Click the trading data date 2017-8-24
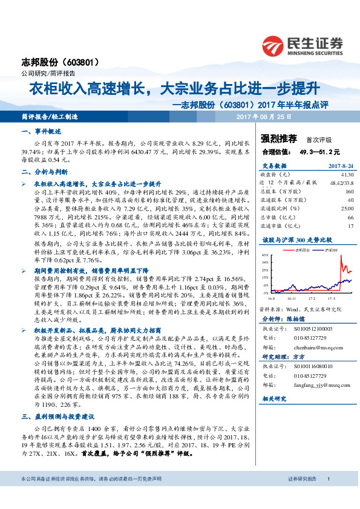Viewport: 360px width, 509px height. [x=339, y=165]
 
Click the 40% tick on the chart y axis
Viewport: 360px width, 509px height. [x=266, y=255]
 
